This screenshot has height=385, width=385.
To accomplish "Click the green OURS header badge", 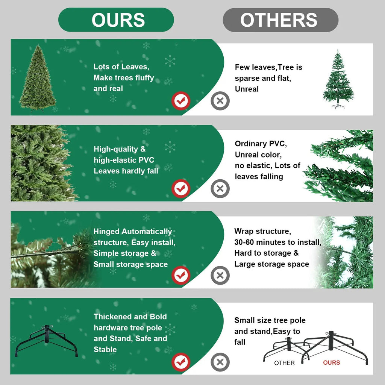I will click(x=116, y=20).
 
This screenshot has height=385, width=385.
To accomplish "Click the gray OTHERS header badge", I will click(x=280, y=20).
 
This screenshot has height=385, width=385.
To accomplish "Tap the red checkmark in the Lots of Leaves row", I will click(x=181, y=101).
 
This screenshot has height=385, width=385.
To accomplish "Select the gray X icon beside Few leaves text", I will click(x=220, y=101).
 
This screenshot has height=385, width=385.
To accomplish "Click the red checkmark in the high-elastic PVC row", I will click(x=181, y=189).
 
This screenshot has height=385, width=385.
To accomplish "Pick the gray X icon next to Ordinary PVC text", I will click(x=220, y=189).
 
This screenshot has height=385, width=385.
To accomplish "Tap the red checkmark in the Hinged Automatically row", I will click(x=181, y=276).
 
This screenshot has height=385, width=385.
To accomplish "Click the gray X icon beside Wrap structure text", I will click(x=220, y=276).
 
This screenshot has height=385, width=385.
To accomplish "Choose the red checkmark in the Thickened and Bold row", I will click(x=181, y=362).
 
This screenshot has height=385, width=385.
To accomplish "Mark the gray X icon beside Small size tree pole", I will click(x=220, y=362).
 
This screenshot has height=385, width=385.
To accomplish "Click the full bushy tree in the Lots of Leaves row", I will click(x=37, y=78).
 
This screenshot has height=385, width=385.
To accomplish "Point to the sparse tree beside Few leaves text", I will click(x=338, y=80).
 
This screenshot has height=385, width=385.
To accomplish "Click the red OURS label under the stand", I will click(x=331, y=363).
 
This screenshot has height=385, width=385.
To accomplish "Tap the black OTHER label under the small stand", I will click(x=284, y=363).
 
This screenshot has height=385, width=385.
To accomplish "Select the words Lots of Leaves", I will click(x=121, y=67).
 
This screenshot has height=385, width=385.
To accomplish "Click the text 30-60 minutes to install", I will click(x=277, y=242).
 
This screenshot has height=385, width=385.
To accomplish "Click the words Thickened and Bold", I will click(x=130, y=317).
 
